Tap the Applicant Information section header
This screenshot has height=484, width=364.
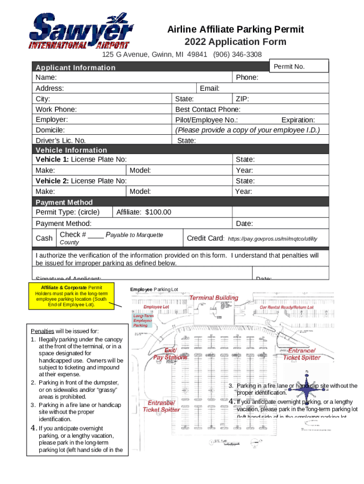click(76, 67)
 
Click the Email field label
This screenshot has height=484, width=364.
click(209, 88)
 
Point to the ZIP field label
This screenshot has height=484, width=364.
click(243, 99)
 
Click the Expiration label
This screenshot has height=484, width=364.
click(298, 120)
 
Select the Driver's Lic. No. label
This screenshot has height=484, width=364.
click(61, 140)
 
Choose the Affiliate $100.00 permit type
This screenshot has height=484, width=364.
click(144, 212)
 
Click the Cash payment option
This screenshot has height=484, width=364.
click(44, 238)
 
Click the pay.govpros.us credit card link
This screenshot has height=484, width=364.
click(272, 239)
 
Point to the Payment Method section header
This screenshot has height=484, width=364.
click(64, 202)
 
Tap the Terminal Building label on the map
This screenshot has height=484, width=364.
click(214, 298)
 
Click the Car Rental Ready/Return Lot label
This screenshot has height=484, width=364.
click(286, 307)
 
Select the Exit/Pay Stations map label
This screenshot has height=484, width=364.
click(170, 354)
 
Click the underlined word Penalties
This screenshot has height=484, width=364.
click(43, 331)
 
